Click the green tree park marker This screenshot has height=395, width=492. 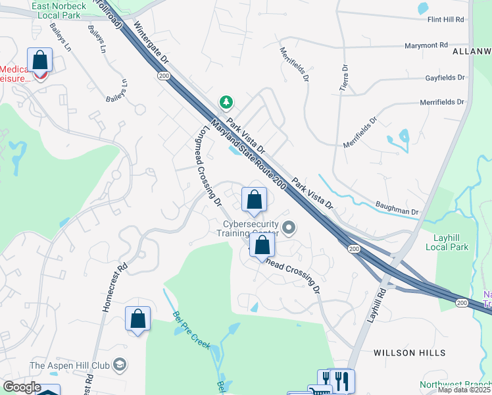(226, 102)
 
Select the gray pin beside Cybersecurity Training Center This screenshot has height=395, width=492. (288, 228)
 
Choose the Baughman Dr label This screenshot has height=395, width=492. (398, 208)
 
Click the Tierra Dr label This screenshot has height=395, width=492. (343, 79)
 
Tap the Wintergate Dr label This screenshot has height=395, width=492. (151, 43)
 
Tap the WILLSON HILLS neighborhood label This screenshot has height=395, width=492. (403, 353)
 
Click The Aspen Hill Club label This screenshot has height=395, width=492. (69, 365)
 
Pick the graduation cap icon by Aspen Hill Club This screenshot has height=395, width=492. (119, 364)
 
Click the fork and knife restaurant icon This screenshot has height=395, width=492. (340, 380)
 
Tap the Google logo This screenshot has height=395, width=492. (22, 387)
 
